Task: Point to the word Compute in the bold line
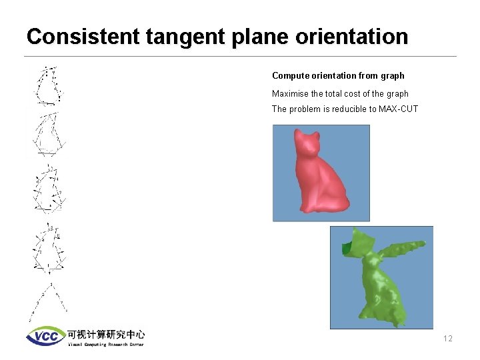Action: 290,76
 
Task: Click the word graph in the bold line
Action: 391,76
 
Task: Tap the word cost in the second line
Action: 350,94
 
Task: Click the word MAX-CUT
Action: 399,109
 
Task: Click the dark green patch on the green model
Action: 347,248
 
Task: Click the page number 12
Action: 447,339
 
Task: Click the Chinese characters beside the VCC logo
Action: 105,334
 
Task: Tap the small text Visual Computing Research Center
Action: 105,345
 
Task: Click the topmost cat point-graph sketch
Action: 48,86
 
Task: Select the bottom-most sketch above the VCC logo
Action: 48,303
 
